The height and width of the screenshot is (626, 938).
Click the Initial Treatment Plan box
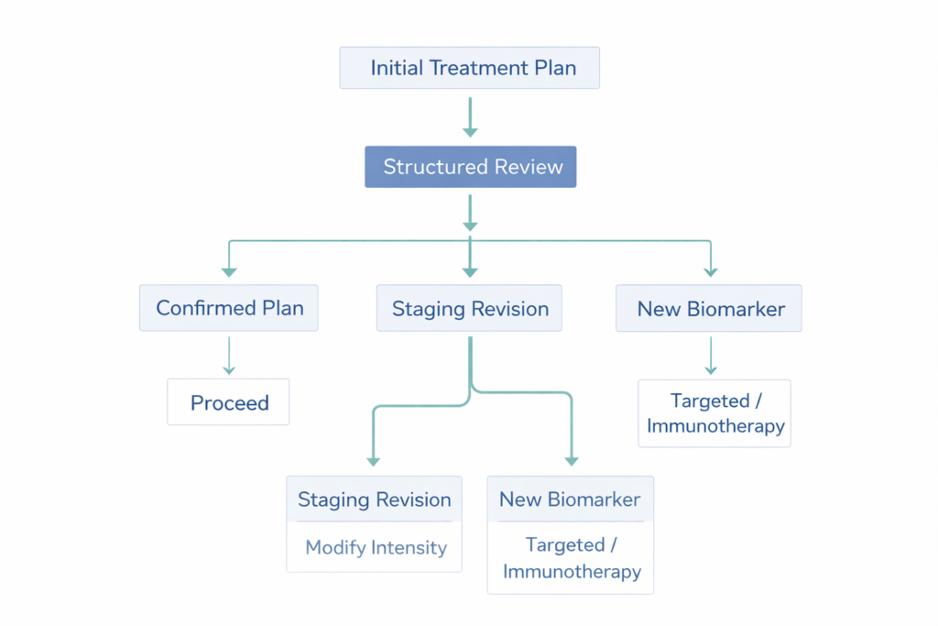coord(469,68)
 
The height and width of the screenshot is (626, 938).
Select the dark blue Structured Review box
coord(470,167)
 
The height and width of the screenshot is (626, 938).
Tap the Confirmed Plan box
coord(229,308)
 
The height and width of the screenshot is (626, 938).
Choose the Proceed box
coord(228,402)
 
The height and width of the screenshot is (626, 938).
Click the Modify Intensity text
coord(376,548)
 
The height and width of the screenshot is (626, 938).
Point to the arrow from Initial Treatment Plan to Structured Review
coord(470,116)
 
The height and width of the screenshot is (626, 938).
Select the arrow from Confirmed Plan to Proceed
coord(229,355)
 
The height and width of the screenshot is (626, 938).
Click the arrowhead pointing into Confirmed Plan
coord(229,271)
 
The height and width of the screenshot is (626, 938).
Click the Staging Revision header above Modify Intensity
coord(374,500)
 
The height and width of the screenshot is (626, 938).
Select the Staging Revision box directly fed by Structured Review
coord(470,309)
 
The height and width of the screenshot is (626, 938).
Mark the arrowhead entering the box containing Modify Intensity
coord(373,460)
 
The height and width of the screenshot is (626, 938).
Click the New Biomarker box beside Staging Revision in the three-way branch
coord(710,309)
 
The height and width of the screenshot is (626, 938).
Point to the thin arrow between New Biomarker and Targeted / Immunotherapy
coord(710,355)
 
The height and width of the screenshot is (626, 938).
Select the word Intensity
coord(409,548)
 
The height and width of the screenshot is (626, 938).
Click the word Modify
coord(335,548)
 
